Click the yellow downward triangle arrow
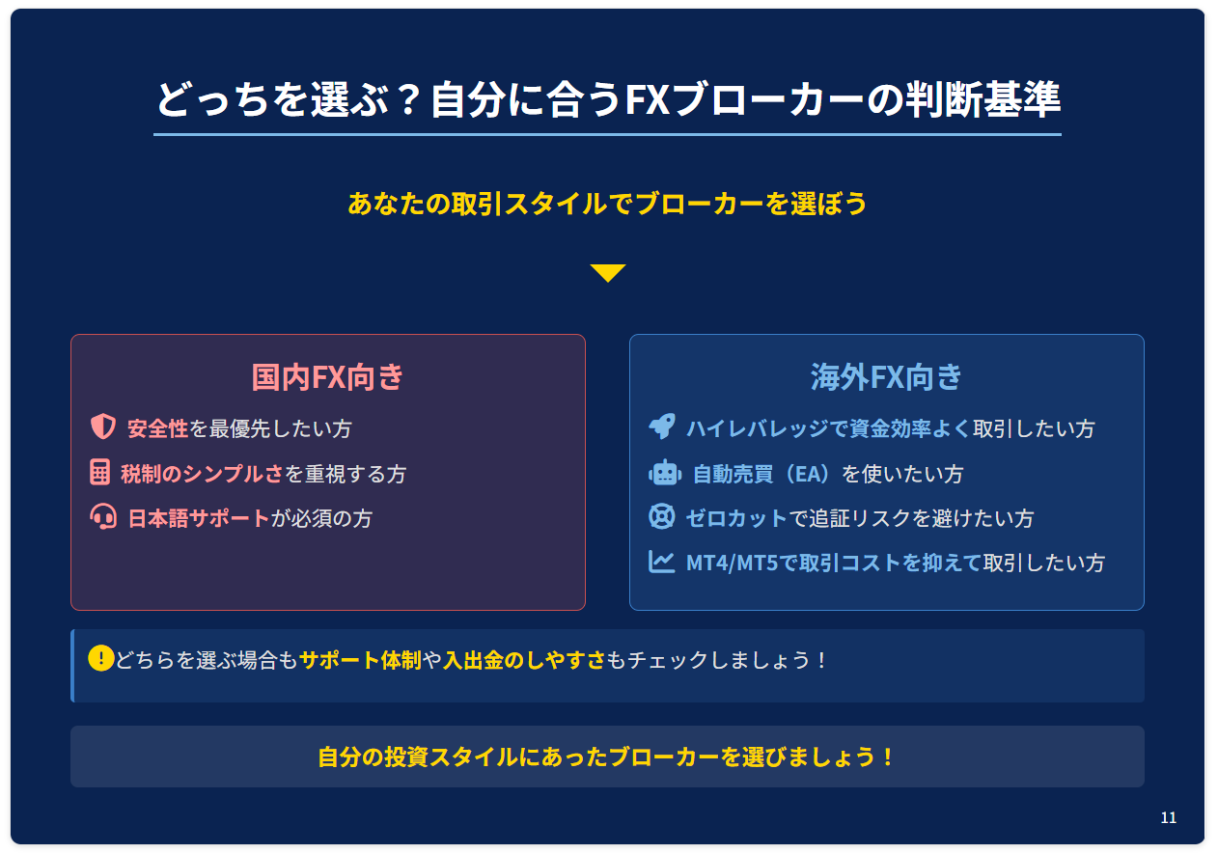[x=607, y=273]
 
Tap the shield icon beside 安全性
[x=102, y=426]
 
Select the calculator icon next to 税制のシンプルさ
[x=99, y=472]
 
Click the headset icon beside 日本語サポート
[x=103, y=516]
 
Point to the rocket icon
[x=662, y=426]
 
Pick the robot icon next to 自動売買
[x=664, y=472]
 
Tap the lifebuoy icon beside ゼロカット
[x=662, y=516]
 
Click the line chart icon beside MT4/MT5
[x=662, y=562]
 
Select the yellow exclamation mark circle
[x=101, y=658]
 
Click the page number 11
[x=1168, y=817]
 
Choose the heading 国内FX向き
[x=327, y=377]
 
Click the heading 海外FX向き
[x=886, y=377]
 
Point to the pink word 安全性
[x=157, y=428]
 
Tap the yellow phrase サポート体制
[x=361, y=660]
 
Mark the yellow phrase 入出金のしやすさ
[x=524, y=660]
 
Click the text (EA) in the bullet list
[x=808, y=474]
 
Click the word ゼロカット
[x=736, y=518]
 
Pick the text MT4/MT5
[x=733, y=564]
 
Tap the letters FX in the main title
[x=647, y=99]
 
